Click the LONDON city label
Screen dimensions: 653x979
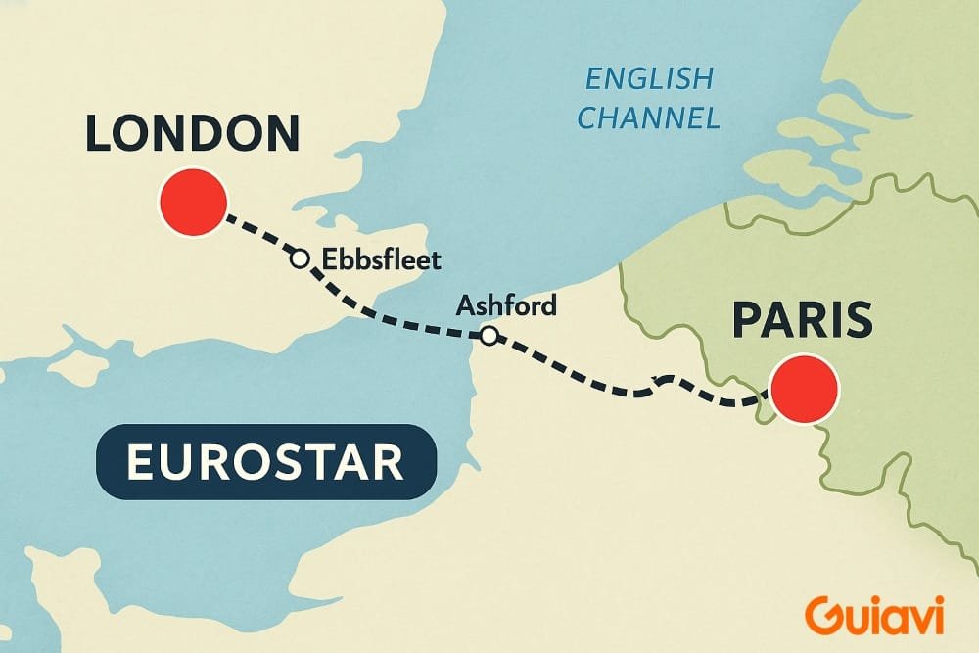[192, 134]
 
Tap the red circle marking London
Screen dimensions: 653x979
[193, 202]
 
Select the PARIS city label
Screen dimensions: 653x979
[802, 320]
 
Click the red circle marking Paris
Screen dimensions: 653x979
[805, 388]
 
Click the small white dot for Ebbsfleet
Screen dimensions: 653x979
[301, 258]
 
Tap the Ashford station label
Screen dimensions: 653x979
[506, 305]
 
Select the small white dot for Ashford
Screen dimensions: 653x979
[488, 337]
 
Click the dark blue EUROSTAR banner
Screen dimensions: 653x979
[265, 462]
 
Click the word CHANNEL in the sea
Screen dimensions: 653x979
[647, 118]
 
